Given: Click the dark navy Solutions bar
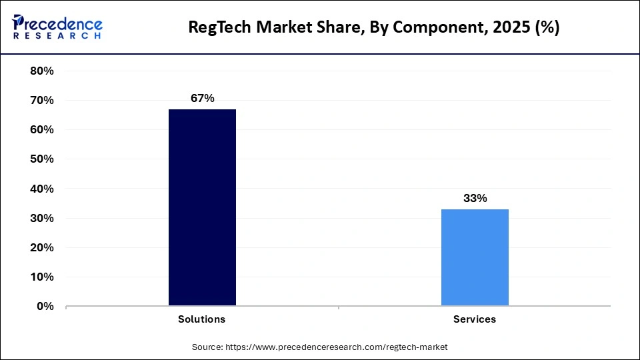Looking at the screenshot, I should [x=202, y=207].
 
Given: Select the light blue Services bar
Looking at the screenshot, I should [x=475, y=257].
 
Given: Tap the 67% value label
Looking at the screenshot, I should [x=202, y=98].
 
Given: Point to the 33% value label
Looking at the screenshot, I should [x=475, y=198].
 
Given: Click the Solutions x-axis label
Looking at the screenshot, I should [x=201, y=319].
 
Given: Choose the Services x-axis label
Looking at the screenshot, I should [x=475, y=319].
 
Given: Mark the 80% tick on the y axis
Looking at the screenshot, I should [x=42, y=71].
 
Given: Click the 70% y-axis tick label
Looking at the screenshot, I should [x=42, y=100].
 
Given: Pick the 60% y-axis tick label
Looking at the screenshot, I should [x=42, y=129].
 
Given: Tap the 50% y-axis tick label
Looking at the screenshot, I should [x=42, y=159].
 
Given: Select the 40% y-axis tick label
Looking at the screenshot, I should [x=42, y=189].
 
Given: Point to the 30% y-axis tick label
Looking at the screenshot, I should [x=42, y=218].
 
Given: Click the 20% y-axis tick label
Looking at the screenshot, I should [x=42, y=247].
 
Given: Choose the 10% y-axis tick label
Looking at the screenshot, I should [x=42, y=277].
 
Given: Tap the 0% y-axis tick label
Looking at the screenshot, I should [x=45, y=306].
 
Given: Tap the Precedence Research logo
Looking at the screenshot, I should [x=57, y=27].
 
